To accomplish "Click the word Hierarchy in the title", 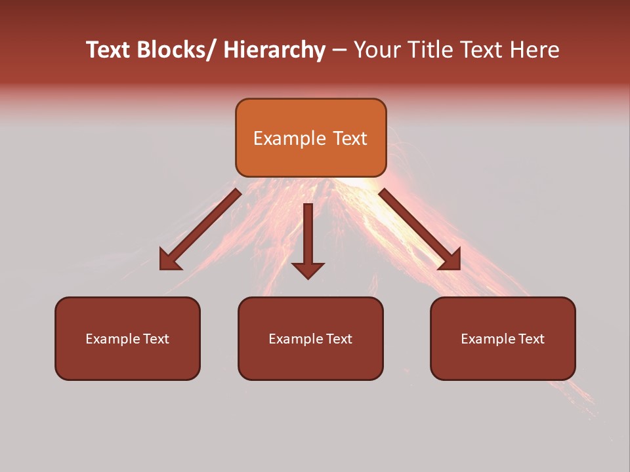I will click(274, 50).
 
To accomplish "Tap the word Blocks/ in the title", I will click(177, 50).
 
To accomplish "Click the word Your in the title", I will click(377, 50).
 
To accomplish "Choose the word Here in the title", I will click(535, 50).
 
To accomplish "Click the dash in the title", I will click(339, 50).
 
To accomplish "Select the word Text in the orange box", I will click(349, 138).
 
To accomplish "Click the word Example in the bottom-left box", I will click(113, 339).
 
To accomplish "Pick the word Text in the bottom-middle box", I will click(339, 339).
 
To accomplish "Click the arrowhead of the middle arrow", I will click(308, 270).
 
